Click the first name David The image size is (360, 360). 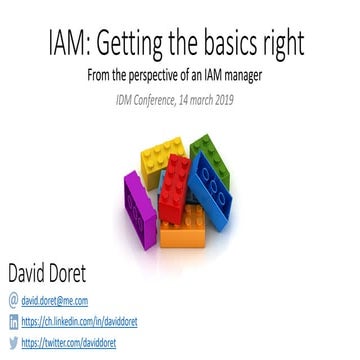[x=33, y=271]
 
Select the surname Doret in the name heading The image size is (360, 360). [x=88, y=271]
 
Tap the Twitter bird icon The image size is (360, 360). [x=11, y=342]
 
